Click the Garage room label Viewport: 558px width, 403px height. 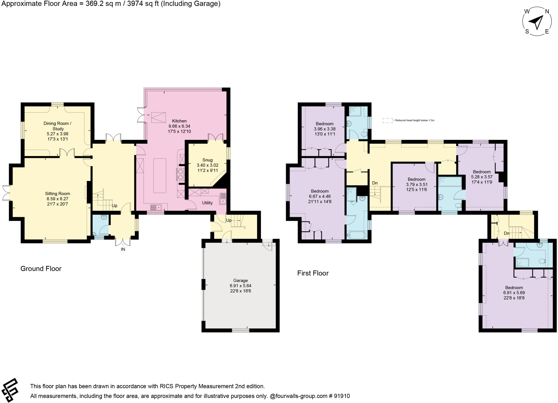pyautogui.click(x=240, y=280)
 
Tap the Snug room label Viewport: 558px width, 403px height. pyautogui.click(x=207, y=160)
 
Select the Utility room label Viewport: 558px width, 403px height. pyautogui.click(x=207, y=203)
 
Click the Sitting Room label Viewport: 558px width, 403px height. pyautogui.click(x=57, y=194)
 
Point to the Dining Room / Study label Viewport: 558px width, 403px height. pyautogui.click(x=57, y=126)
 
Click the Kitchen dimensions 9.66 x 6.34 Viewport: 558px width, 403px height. pyautogui.click(x=179, y=126)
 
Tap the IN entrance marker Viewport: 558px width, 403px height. pyautogui.click(x=123, y=249)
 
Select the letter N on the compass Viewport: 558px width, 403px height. pyautogui.click(x=547, y=11)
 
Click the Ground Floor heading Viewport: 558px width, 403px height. pyautogui.click(x=41, y=269)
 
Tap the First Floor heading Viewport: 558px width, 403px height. pyautogui.click(x=313, y=273)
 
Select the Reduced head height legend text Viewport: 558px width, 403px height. pyautogui.click(x=414, y=120)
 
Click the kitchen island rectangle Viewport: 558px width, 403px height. pyautogui.click(x=159, y=176)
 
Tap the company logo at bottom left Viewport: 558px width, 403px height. pyautogui.click(x=10, y=390)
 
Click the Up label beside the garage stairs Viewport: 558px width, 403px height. pyautogui.click(x=229, y=220)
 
